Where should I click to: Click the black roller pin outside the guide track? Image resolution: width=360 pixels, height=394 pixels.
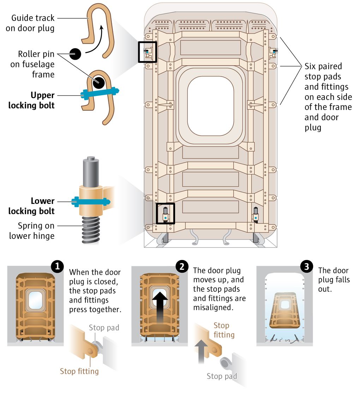pyautogui.click(x=75, y=54)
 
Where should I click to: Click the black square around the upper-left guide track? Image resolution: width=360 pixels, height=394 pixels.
pyautogui.click(x=148, y=52)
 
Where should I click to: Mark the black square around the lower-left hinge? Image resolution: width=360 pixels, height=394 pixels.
pyautogui.click(x=165, y=214)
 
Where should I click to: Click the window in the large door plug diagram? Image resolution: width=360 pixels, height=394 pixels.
pyautogui.click(x=210, y=106)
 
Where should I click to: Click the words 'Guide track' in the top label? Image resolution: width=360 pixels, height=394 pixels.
pyautogui.click(x=33, y=18)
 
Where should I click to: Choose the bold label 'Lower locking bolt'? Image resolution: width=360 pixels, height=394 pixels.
pyautogui.click(x=32, y=206)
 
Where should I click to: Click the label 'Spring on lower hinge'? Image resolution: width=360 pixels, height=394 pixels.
pyautogui.click(x=32, y=230)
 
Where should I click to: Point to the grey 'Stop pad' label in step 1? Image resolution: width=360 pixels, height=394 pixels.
pyautogui.click(x=104, y=328)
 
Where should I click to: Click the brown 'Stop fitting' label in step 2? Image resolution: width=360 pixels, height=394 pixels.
pyautogui.click(x=224, y=330)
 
